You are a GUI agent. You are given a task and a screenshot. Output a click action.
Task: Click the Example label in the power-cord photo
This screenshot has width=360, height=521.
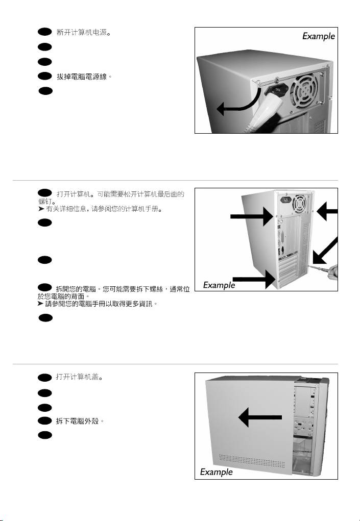pos(318,36)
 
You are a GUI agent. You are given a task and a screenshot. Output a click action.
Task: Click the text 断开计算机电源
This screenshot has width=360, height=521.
pos(83,33)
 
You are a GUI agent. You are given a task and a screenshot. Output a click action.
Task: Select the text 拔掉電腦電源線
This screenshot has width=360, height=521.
pos(83,77)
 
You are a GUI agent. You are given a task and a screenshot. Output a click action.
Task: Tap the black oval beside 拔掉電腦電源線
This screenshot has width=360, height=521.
pos(45,77)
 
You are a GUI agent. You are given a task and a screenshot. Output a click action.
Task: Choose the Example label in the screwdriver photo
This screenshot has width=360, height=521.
pos(219,285)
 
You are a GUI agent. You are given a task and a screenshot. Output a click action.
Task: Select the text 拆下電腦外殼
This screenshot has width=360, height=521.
pos(80,421)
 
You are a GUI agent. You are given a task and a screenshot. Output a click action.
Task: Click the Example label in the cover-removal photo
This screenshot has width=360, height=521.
pos(216,472)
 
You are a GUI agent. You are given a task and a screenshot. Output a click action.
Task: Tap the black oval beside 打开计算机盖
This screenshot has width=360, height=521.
pos(45,378)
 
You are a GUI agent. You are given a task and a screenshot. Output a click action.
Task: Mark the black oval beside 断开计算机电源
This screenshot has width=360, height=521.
pos(45,32)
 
